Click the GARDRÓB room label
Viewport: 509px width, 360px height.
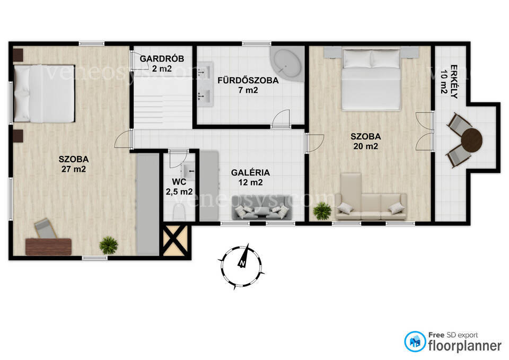click(162, 59)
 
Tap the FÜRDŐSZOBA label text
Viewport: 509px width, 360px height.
click(248, 80)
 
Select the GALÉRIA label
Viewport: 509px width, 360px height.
click(250, 173)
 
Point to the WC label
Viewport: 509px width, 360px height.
click(179, 182)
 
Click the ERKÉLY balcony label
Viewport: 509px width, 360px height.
click(453, 82)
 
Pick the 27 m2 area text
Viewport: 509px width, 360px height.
click(74, 169)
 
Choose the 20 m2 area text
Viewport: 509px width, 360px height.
click(365, 146)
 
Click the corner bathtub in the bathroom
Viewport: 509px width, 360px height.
click(287, 63)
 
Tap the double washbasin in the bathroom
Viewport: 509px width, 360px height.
click(205, 84)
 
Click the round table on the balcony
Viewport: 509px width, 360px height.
click(472, 140)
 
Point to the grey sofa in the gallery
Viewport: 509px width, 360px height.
click(261, 212)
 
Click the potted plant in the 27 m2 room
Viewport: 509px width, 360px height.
click(108, 245)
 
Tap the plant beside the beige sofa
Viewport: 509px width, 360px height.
click(322, 211)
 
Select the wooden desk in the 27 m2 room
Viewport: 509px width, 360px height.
click(48, 247)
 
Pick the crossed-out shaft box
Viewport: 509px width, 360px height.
click(175, 240)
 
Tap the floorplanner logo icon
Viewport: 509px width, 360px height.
click(415, 341)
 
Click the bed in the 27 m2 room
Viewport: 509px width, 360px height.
click(44, 93)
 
